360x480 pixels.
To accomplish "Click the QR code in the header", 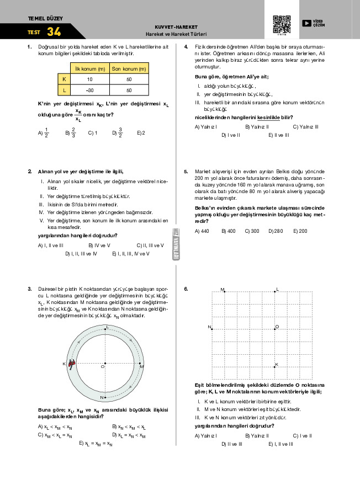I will [x=282, y=25].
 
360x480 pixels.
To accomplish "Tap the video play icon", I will [x=306, y=23].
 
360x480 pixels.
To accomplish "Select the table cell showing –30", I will [x=89, y=90].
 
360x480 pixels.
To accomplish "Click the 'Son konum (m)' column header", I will [x=129, y=69].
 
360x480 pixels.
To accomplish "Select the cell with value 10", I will [x=89, y=79].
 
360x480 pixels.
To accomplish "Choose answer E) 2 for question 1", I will [x=141, y=132].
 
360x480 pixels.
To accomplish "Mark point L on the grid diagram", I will [x=275, y=291].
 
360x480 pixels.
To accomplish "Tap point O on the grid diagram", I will [x=275, y=328].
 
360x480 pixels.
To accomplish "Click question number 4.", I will [x=186, y=46].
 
